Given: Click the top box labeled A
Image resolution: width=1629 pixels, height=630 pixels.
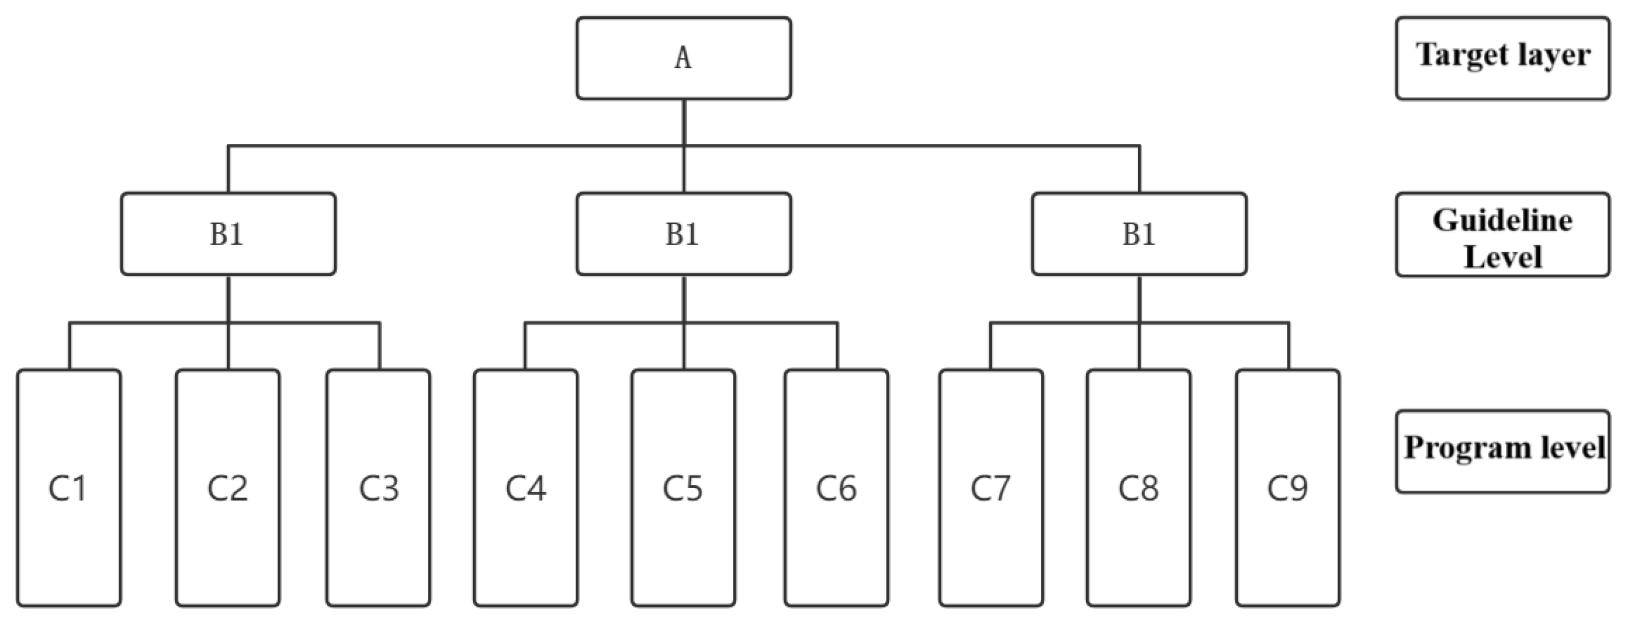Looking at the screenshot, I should (x=683, y=58).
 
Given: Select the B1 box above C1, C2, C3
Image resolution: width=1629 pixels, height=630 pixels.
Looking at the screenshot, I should (x=228, y=234).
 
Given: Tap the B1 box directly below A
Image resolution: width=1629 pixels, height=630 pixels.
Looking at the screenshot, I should (x=683, y=234).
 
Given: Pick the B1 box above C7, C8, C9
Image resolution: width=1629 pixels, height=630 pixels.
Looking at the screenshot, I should (x=1139, y=234).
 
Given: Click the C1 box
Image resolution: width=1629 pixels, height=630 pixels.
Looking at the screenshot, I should (x=69, y=488).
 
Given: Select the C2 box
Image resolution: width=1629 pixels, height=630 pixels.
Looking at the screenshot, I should (x=228, y=488).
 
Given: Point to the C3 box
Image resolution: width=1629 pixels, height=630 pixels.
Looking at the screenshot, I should (x=378, y=488).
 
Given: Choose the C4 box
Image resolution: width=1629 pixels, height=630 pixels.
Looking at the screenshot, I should (x=526, y=488).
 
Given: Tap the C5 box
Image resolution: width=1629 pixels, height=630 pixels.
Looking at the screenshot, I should (x=683, y=488).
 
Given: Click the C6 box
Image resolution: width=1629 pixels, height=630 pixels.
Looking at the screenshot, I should (x=836, y=488).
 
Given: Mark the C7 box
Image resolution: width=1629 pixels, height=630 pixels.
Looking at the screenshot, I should (x=991, y=488).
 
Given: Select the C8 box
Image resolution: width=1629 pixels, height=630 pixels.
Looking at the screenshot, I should (x=1138, y=488).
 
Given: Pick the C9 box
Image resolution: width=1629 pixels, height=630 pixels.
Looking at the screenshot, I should (x=1287, y=488).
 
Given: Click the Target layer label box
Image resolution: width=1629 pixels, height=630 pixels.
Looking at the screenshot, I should (x=1503, y=58).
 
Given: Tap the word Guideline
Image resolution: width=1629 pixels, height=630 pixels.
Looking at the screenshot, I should (x=1503, y=220).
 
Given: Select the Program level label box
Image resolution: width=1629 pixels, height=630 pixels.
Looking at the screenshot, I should (x=1503, y=451).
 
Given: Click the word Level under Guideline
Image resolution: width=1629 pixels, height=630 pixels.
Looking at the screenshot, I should (x=1503, y=257).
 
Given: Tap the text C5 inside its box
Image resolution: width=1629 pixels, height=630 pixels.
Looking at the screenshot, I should (x=683, y=488).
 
